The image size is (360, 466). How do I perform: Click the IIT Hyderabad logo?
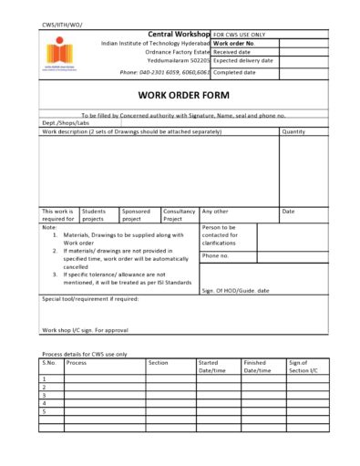(x=57, y=53)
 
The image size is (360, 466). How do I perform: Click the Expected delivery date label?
(x=244, y=61)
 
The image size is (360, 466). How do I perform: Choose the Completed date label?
(x=234, y=70)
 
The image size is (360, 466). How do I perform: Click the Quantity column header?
(x=293, y=131)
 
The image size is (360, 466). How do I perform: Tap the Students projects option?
(x=94, y=215)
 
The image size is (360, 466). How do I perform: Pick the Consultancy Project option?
(x=179, y=215)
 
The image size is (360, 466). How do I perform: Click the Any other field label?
(x=214, y=212)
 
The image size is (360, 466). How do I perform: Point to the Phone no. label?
(x=216, y=255)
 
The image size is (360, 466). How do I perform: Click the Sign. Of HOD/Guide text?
(x=235, y=290)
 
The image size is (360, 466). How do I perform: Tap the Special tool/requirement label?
(x=90, y=298)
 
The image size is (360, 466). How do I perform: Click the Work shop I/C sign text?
(x=85, y=330)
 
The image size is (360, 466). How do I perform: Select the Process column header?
(x=77, y=362)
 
